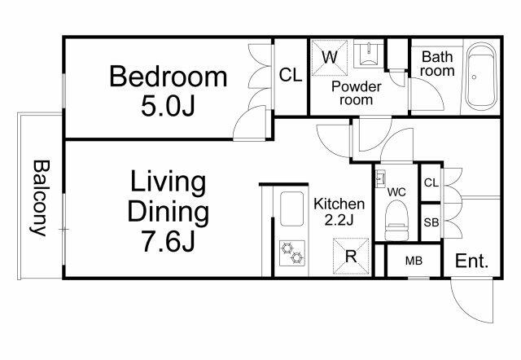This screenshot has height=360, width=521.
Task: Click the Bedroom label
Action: pos(169,77)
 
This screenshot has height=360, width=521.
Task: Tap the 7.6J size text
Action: pos(169,241)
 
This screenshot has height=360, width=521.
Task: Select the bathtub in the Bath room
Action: pos(481,77)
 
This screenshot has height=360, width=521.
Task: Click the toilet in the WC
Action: pos(396,220)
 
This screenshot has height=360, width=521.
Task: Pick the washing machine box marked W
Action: pos(330,58)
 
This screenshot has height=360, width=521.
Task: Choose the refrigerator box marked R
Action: pos(351,257)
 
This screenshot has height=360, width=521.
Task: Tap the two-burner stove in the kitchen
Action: pos(292,253)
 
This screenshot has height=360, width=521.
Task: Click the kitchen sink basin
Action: pos(291,209)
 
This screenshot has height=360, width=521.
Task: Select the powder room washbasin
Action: pos(369,54)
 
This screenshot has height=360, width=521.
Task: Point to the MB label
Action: pos(414,261)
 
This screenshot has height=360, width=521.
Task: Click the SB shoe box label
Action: pos(431,222)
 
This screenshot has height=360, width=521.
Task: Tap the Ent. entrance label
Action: pos(472,261)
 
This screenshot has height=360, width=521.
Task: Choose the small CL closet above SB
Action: pos(431,182)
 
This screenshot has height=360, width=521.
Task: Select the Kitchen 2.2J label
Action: pos(339,212)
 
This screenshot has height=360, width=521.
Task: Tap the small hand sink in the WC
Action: pos(380,179)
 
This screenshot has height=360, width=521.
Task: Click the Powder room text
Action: pos(357,93)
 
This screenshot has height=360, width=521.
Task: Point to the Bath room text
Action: pos(437,64)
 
